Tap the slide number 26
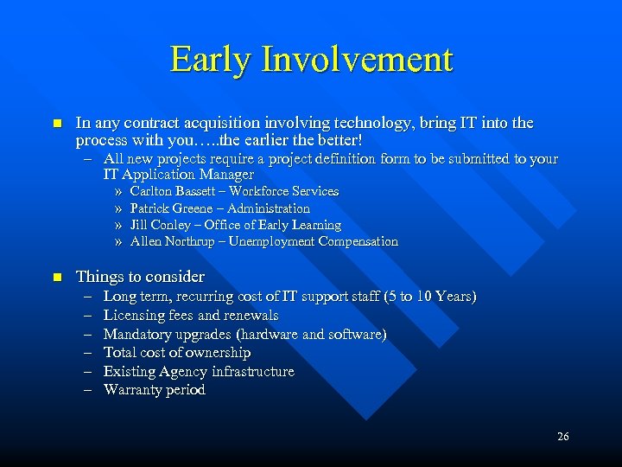[x=562, y=437]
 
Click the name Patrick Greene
[x=170, y=208]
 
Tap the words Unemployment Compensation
[x=314, y=242]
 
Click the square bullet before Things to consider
[x=57, y=278]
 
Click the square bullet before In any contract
[x=57, y=124]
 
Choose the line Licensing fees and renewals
[x=191, y=316]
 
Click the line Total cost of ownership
[x=177, y=353]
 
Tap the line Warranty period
[x=155, y=390]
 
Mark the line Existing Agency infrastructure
[x=199, y=372]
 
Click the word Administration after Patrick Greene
[x=267, y=208]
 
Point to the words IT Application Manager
[x=179, y=175]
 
